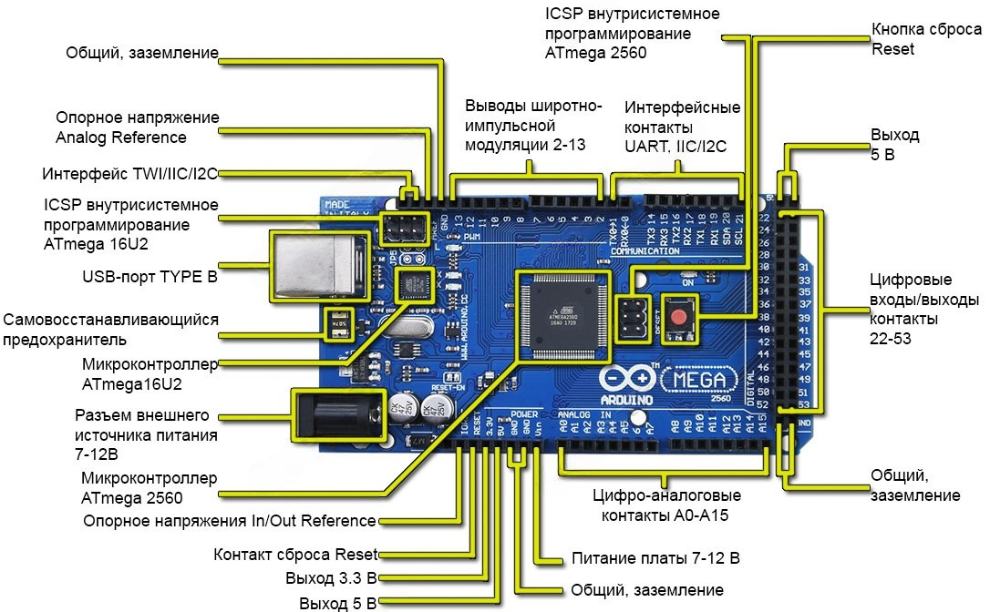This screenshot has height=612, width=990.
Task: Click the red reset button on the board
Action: pyautogui.click(x=678, y=319)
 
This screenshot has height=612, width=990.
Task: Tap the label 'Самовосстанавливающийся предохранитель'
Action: pyautogui.click(x=110, y=330)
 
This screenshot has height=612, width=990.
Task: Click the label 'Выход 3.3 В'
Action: pyautogui.click(x=330, y=578)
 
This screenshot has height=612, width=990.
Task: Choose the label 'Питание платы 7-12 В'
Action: pyautogui.click(x=655, y=558)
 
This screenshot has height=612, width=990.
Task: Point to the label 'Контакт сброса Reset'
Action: pyautogui.click(x=294, y=555)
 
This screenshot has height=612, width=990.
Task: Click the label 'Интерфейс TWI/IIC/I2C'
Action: pyautogui.click(x=129, y=174)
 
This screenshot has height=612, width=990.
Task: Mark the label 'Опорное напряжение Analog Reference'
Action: pyautogui.click(x=137, y=127)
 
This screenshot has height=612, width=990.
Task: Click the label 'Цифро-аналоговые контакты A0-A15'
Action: pyautogui.click(x=666, y=505)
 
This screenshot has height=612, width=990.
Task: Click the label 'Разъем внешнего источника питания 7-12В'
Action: pyautogui.click(x=146, y=434)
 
